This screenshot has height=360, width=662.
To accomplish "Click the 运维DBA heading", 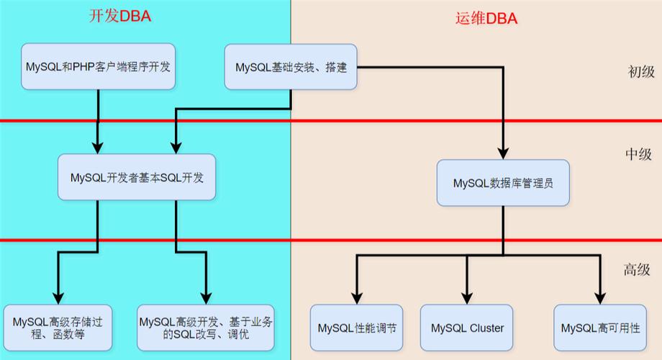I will [486, 19].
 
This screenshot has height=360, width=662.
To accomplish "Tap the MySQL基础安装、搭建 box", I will [291, 67].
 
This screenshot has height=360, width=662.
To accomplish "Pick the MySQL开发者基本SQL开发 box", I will [137, 177].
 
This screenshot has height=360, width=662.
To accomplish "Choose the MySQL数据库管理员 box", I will [503, 183].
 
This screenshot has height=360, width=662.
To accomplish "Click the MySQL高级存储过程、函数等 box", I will [58, 328].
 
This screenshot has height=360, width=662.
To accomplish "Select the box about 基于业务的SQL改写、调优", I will [206, 328].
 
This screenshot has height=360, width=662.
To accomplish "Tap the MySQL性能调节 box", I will [357, 328].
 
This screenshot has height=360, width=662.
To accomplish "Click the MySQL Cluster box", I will [467, 328].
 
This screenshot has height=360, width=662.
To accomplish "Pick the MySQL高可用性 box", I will [600, 328].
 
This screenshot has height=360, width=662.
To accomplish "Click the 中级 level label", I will [638, 154].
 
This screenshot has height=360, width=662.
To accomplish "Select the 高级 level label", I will [637, 270].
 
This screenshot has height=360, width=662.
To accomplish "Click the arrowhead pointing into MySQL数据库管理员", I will [504, 153].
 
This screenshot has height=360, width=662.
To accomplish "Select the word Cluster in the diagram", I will [486, 328].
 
